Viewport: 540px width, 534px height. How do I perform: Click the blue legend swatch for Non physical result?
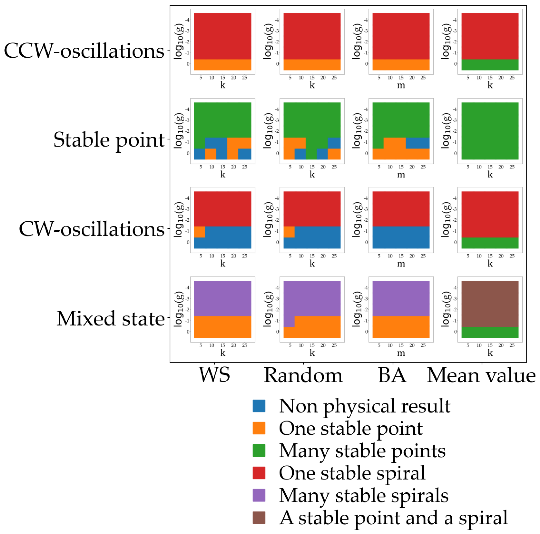click(x=259, y=406)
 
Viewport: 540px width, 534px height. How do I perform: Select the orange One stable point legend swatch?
click(x=259, y=428)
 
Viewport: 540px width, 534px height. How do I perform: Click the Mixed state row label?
click(x=110, y=318)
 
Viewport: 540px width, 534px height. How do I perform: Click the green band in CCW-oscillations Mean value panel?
click(x=490, y=65)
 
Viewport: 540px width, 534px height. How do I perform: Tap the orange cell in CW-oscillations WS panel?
click(x=200, y=232)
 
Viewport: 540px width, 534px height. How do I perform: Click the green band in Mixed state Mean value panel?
click(x=490, y=332)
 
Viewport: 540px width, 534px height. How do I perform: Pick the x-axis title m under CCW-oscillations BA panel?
click(x=401, y=85)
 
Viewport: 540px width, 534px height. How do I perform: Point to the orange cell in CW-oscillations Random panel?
click(x=289, y=232)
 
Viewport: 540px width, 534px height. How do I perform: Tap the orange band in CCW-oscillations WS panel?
click(x=223, y=65)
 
